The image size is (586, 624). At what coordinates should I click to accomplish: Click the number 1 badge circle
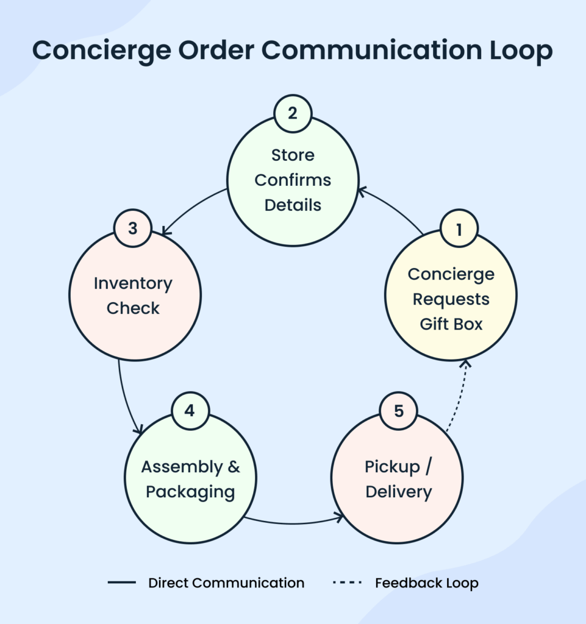point(459,229)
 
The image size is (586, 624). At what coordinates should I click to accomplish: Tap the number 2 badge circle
point(293,113)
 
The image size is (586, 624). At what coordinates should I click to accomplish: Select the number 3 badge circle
point(133,228)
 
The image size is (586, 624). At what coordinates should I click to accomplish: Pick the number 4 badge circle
point(190,410)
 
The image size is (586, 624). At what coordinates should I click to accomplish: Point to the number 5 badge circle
point(399,411)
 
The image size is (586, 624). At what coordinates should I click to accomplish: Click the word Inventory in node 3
point(133,283)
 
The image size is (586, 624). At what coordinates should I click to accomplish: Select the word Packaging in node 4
point(190,492)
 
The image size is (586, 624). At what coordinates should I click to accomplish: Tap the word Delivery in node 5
point(399,492)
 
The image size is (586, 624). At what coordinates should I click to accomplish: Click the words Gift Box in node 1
point(451,324)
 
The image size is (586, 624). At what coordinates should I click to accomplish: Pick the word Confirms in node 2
point(293,180)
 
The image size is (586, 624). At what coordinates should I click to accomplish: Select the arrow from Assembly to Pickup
point(293,523)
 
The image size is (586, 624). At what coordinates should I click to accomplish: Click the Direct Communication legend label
point(226,583)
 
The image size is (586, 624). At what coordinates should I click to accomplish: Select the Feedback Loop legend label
point(426,583)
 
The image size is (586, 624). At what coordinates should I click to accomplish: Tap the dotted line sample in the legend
point(348,583)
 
